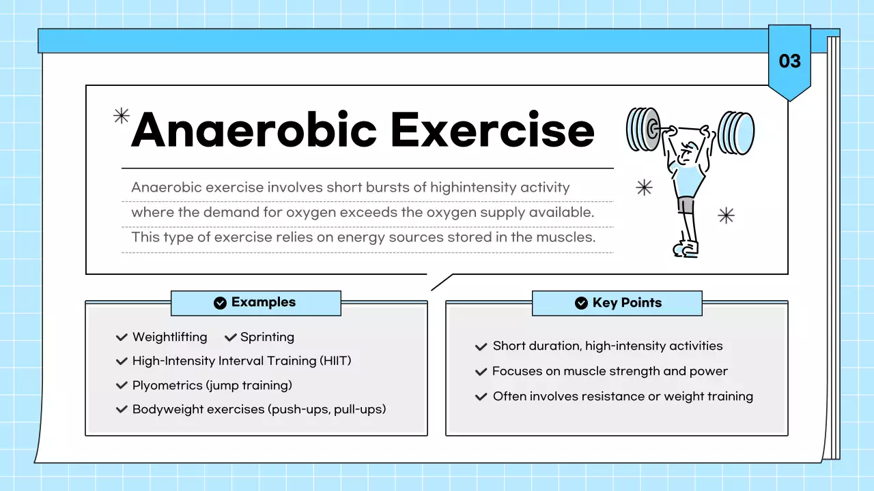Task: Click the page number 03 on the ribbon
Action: pyautogui.click(x=789, y=61)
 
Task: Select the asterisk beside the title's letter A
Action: pyautogui.click(x=121, y=116)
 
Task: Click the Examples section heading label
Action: pyautogui.click(x=263, y=302)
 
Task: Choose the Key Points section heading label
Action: pyautogui.click(x=627, y=303)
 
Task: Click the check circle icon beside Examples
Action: pyautogui.click(x=220, y=303)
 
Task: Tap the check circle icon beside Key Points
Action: pyautogui.click(x=581, y=303)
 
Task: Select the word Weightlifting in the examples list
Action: pyautogui.click(x=170, y=337)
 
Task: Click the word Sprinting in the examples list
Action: pyautogui.click(x=267, y=337)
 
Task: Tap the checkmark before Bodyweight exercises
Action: pyautogui.click(x=122, y=409)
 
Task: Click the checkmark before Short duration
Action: pyautogui.click(x=481, y=346)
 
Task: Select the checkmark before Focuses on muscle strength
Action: pyautogui.click(x=481, y=372)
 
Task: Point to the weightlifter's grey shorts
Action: pyautogui.click(x=686, y=205)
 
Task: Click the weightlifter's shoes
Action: pyautogui.click(x=686, y=248)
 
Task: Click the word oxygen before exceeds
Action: pyautogui.click(x=311, y=212)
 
